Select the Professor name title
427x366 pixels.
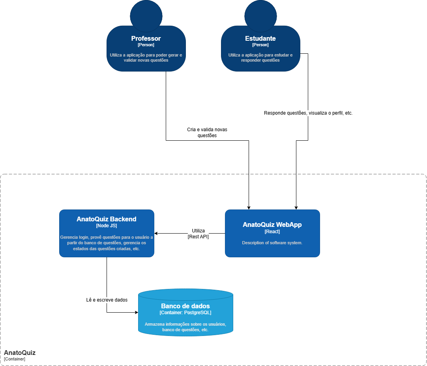click(146, 38)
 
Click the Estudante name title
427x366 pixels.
click(260, 38)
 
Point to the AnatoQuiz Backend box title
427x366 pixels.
click(107, 219)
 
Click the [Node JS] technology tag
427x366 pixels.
click(107, 226)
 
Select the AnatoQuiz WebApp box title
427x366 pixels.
click(272, 225)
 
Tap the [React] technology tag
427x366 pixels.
click(272, 232)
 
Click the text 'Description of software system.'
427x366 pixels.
click(272, 243)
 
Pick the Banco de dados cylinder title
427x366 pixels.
click(185, 306)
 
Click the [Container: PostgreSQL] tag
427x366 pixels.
click(185, 313)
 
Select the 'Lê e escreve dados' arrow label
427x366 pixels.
click(107, 300)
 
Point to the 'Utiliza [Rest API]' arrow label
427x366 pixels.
click(198, 234)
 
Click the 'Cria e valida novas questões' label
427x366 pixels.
click(207, 132)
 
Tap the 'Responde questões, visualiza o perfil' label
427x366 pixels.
click(308, 113)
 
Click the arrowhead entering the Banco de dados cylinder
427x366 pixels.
click(136, 312)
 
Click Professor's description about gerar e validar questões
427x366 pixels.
click(146, 58)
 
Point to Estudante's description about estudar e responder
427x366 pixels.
click(260, 58)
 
